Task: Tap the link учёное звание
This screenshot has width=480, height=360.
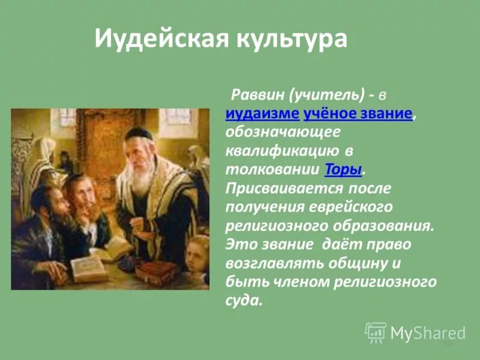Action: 358,114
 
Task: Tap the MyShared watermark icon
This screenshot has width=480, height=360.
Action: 376,332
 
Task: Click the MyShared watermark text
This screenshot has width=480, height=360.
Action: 428,332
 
